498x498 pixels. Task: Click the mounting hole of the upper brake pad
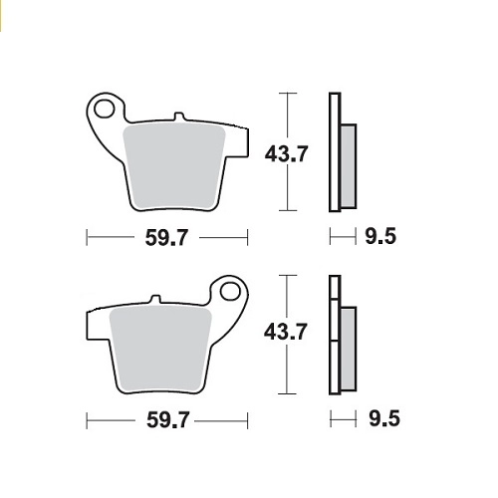click(x=104, y=109)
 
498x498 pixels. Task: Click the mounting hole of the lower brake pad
click(x=230, y=291)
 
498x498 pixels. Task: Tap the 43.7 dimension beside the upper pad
click(x=286, y=153)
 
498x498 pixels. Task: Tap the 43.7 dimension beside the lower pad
click(x=286, y=332)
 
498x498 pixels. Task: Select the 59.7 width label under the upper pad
click(x=166, y=238)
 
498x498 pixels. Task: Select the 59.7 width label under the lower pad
click(x=168, y=420)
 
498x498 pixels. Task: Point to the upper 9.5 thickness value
click(x=380, y=237)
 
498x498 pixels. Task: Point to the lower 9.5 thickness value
click(x=384, y=419)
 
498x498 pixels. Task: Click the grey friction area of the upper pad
click(x=174, y=166)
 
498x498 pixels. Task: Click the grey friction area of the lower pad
click(x=160, y=350)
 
